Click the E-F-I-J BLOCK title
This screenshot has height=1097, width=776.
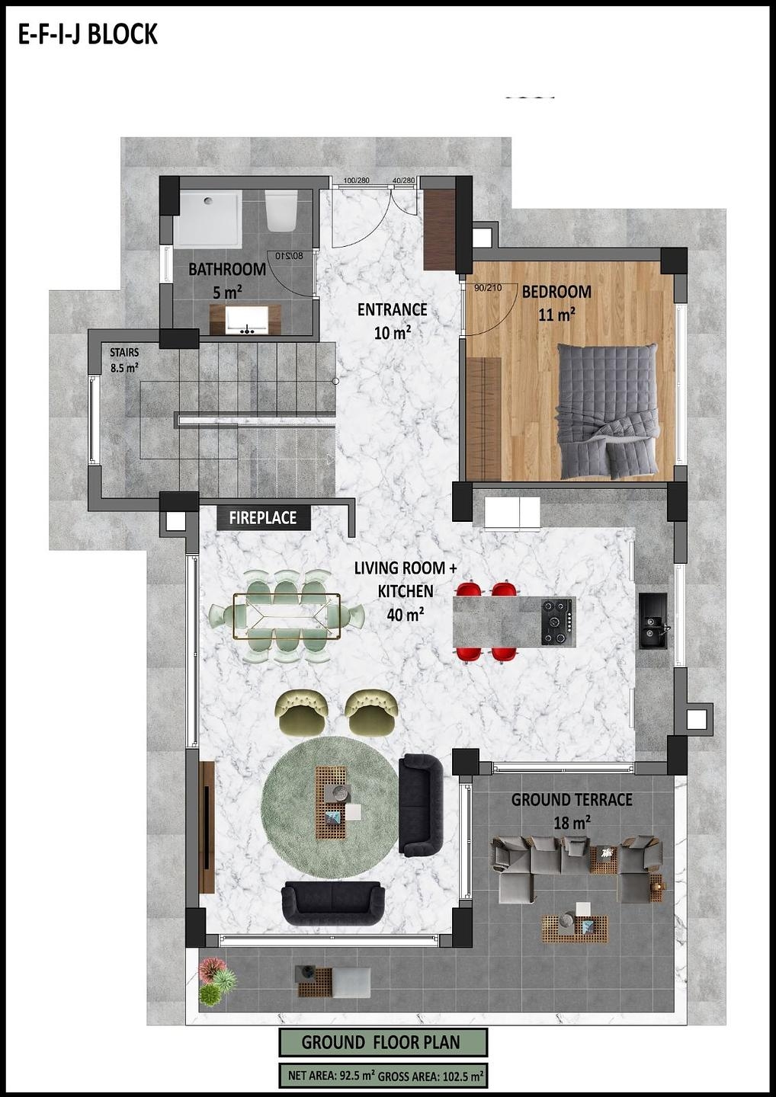coord(88,35)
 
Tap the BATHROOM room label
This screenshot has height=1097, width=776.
coord(226,269)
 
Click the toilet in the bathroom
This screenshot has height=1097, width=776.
coord(281,210)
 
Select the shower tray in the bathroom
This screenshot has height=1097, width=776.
coord(208,219)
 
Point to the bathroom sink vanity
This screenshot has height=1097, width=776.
coord(245,320)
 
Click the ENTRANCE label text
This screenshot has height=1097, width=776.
coord(392,309)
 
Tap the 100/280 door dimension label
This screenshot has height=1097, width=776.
coord(356,181)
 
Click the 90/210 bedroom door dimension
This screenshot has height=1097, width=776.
coord(488,288)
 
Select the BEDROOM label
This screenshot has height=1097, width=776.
coord(556,292)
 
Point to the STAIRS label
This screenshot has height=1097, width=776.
coord(124,353)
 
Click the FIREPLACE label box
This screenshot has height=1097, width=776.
coord(263,518)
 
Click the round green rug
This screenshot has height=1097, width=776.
coord(329,807)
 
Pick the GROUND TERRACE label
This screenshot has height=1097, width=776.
coord(572,800)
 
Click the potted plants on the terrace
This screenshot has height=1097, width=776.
coord(216,981)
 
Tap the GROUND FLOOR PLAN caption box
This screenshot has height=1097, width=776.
coord(382,1042)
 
